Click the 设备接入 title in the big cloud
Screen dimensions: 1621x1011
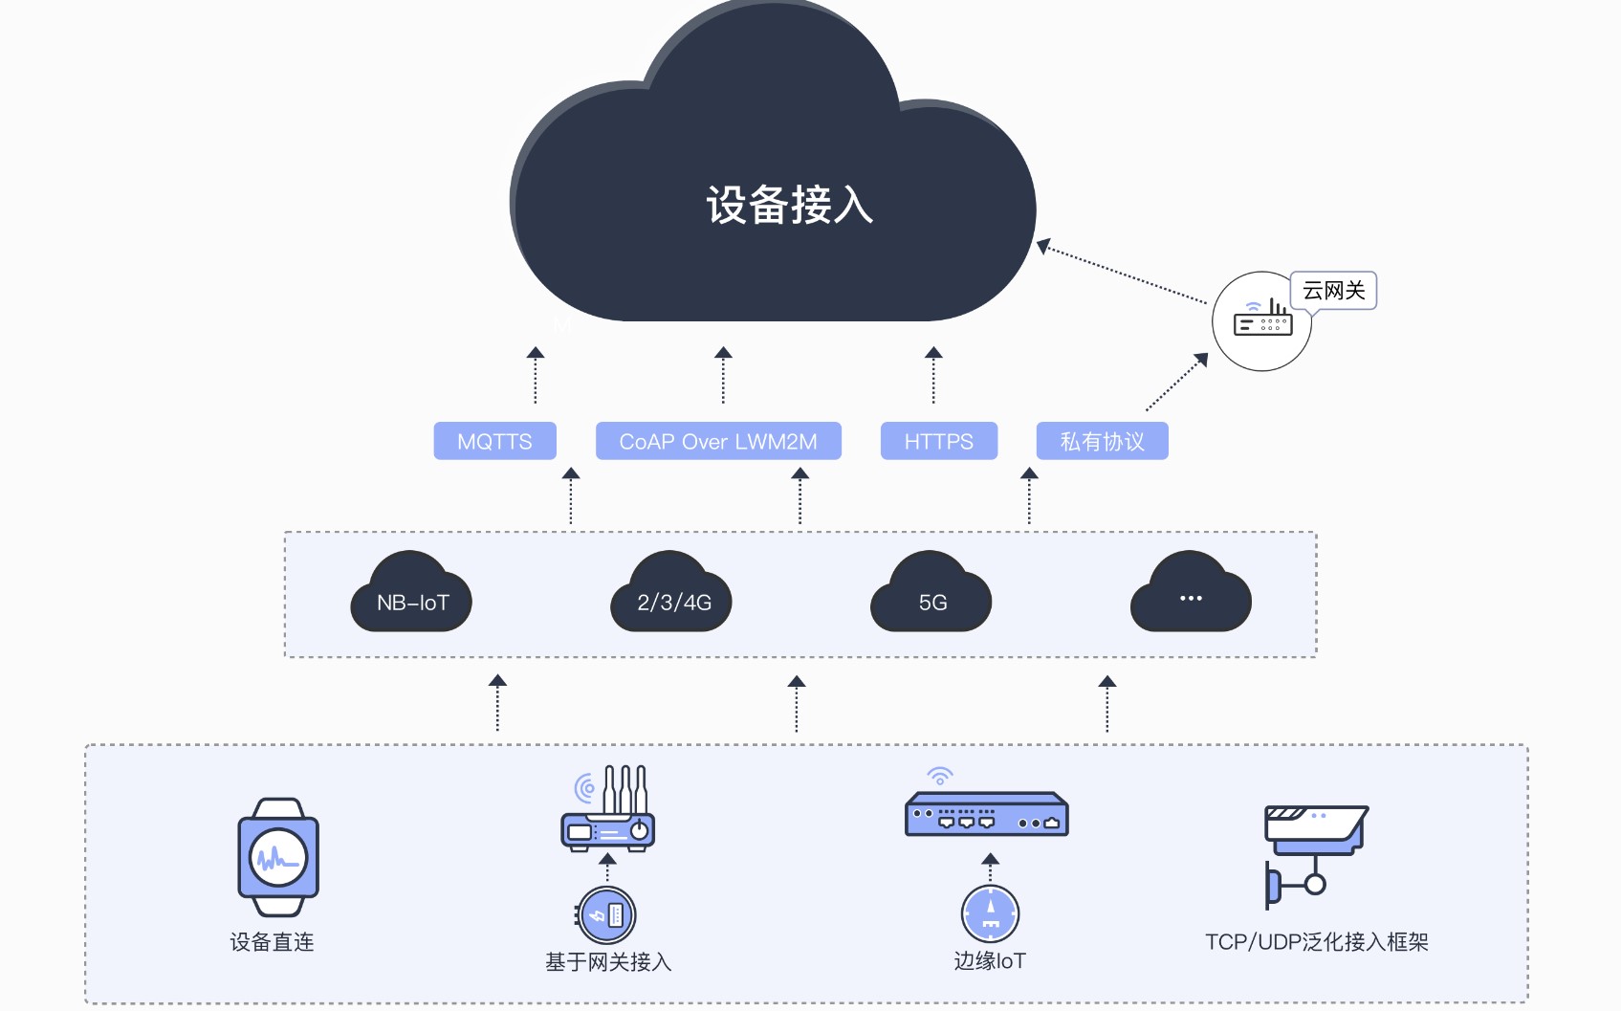pos(790,205)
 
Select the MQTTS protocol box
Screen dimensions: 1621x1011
pos(495,441)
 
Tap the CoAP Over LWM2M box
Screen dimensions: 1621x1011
pos(718,441)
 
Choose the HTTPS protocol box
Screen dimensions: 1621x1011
pos(938,441)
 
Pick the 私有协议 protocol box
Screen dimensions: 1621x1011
pos(1102,441)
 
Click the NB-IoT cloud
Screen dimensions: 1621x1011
pos(411,591)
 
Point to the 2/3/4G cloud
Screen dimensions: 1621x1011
pos(670,591)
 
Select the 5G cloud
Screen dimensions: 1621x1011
pos(931,591)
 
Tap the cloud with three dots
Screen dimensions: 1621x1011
pos(1191,591)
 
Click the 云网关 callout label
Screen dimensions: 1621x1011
pos(1333,290)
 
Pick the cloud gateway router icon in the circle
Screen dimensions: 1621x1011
pos(1262,319)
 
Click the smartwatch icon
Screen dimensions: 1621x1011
pos(278,858)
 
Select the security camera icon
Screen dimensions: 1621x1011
pos(1316,856)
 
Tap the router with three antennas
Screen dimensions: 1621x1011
pos(608,807)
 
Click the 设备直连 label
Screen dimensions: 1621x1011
pos(273,941)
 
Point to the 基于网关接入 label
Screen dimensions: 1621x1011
pos(608,961)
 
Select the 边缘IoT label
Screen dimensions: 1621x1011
pos(990,960)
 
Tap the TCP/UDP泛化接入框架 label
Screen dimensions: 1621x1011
pos(1316,941)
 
